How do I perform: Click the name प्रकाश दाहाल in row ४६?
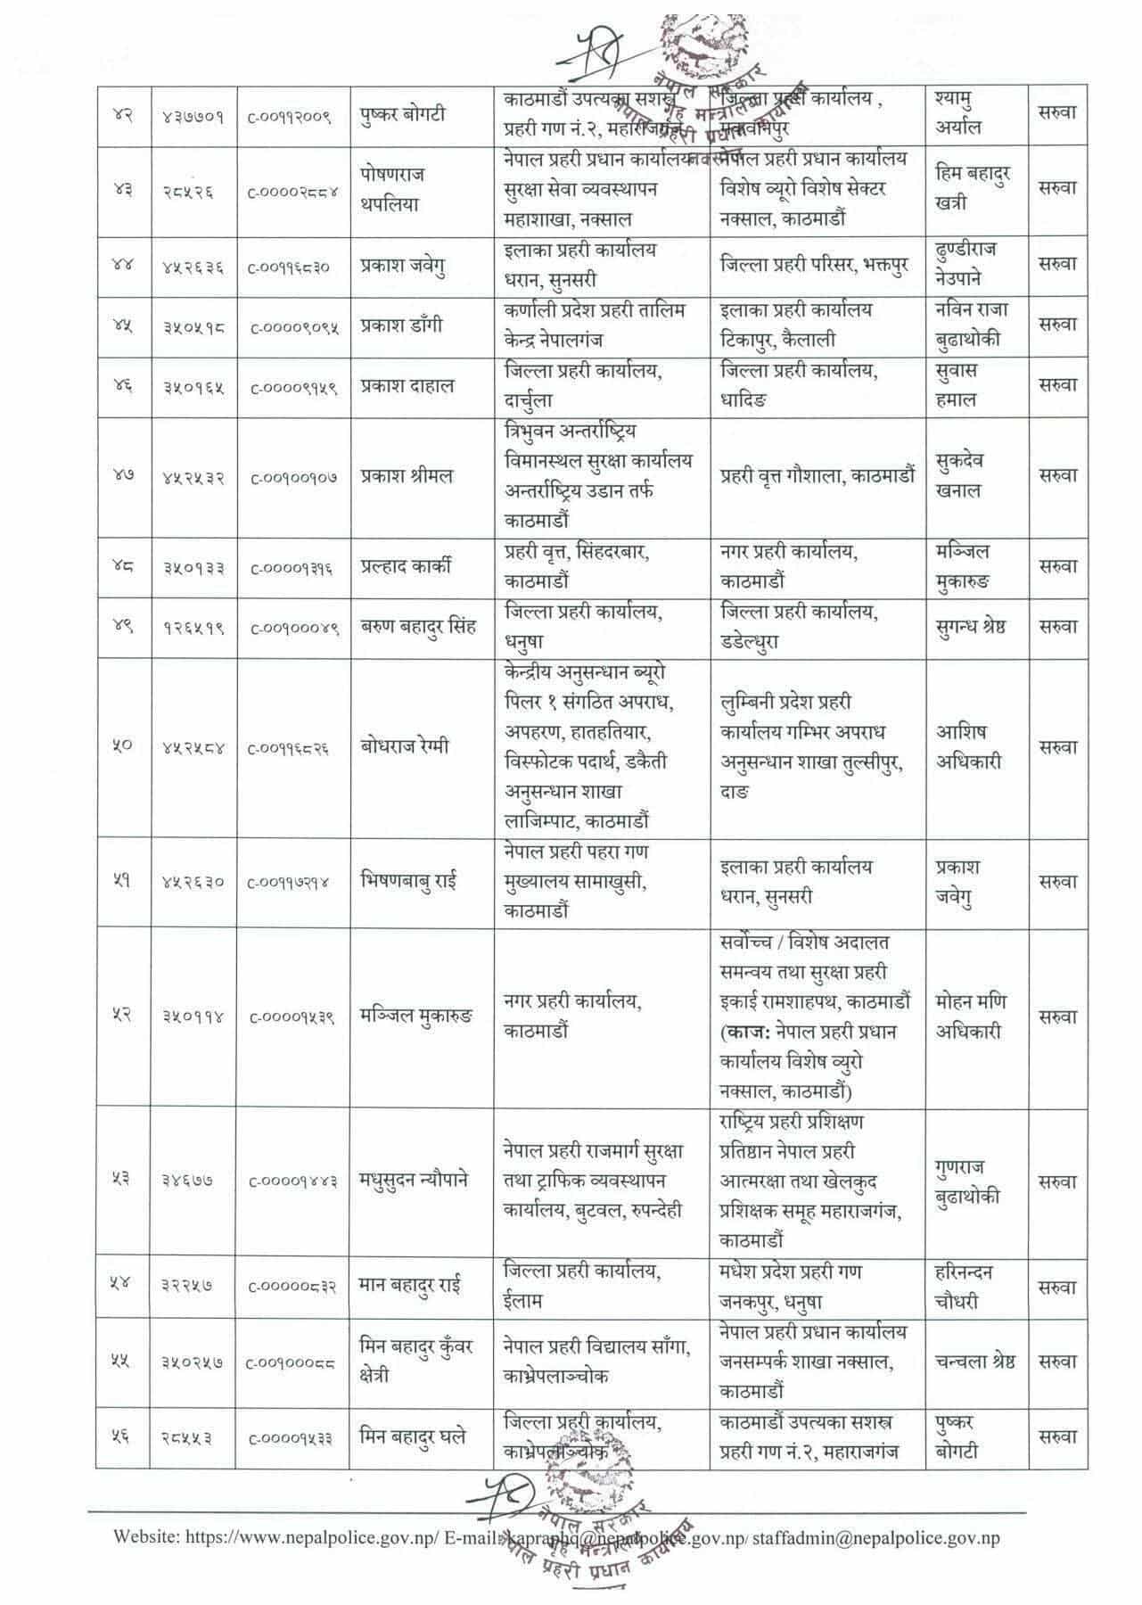tap(407, 386)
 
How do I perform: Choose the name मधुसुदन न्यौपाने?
tap(414, 1181)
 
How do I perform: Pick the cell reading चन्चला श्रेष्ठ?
tap(975, 1362)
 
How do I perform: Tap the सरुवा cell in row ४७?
tap(1057, 475)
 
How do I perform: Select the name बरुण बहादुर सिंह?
tap(418, 626)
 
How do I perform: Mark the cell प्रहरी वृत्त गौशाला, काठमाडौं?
tap(817, 476)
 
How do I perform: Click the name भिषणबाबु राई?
tap(408, 882)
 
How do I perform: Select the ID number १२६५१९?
tap(193, 627)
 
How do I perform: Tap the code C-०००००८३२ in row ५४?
tap(292, 1288)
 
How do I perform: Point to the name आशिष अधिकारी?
tap(968, 747)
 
